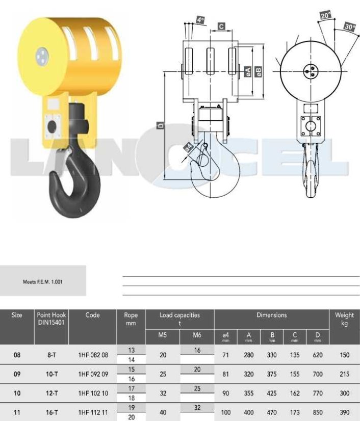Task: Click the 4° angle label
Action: tap(200, 20)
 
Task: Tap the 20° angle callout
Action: tap(326, 15)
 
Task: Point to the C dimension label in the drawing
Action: tap(221, 27)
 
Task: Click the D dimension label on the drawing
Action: tap(161, 125)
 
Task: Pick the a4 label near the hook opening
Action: tap(189, 147)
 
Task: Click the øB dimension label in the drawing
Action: tap(259, 71)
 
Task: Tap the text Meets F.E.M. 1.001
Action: tap(43, 282)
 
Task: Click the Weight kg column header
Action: tap(344, 319)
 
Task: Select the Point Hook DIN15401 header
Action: tap(52, 319)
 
